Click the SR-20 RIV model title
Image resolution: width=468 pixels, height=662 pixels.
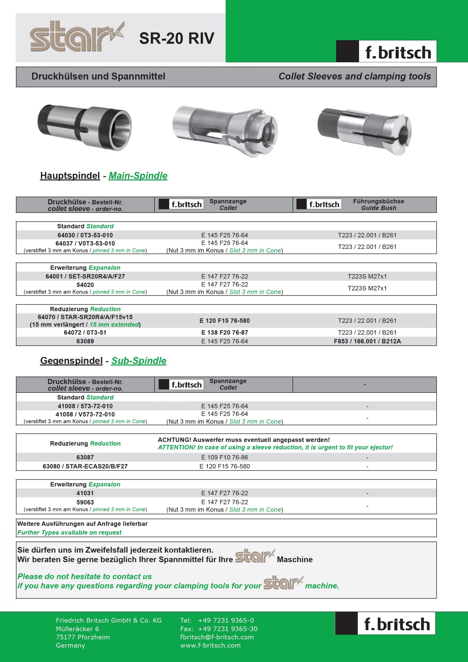(x=177, y=38)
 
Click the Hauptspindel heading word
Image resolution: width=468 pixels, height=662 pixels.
(x=70, y=176)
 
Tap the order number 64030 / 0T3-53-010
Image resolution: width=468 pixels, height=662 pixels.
(x=85, y=235)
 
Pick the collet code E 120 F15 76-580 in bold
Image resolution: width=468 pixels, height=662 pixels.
(x=225, y=321)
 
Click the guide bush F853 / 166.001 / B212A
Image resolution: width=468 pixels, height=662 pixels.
(x=367, y=341)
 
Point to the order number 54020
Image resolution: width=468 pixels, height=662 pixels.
(x=85, y=285)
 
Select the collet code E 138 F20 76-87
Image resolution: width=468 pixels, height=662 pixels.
(x=225, y=333)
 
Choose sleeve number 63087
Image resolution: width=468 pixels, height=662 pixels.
(x=85, y=457)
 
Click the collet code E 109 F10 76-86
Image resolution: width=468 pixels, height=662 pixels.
(x=225, y=457)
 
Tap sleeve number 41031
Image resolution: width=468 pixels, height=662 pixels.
(x=85, y=493)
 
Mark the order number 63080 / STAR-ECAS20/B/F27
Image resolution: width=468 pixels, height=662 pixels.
(x=85, y=466)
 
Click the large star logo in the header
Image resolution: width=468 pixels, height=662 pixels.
(x=77, y=37)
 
